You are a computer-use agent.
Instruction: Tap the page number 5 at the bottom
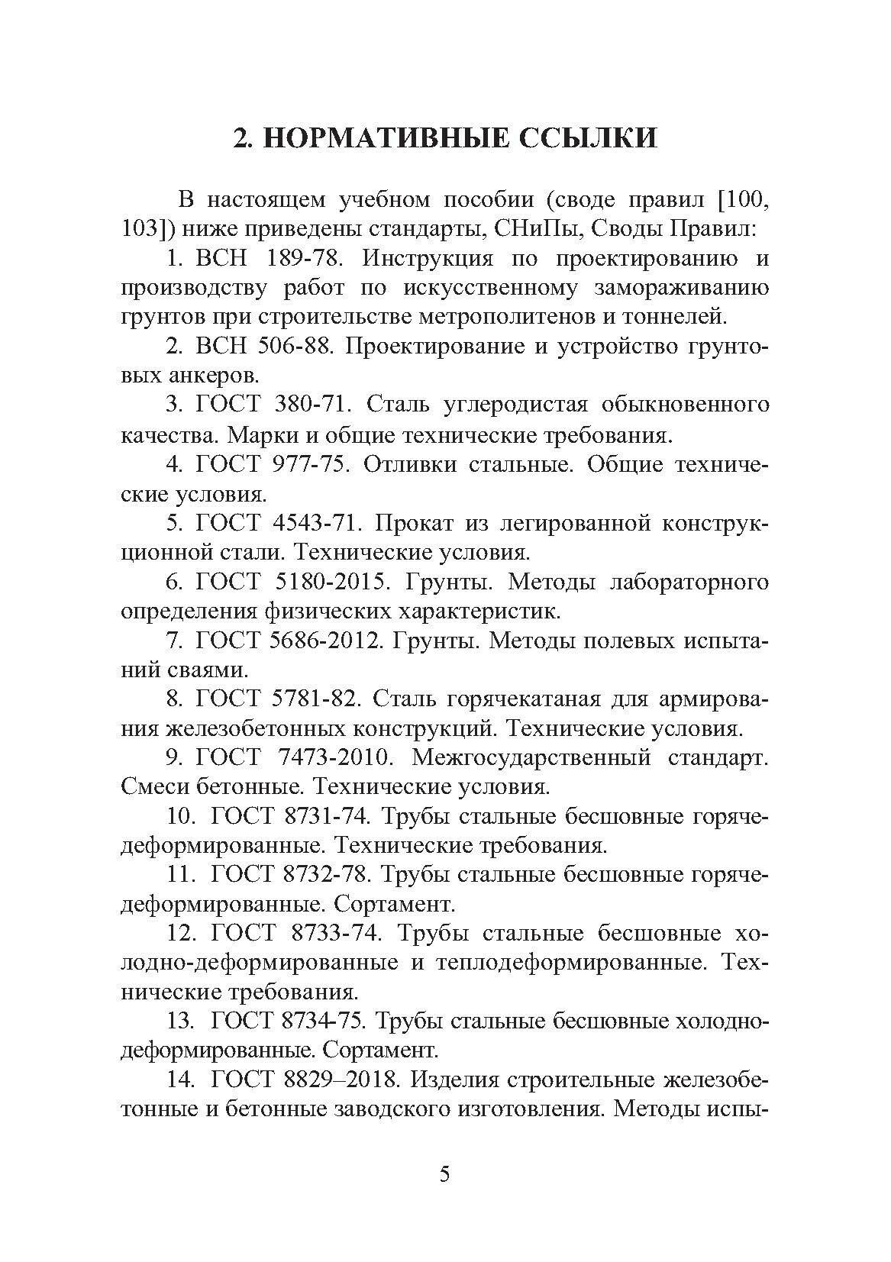point(445,1195)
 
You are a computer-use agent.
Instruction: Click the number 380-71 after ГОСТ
point(314,405)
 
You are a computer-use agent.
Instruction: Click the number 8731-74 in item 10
point(326,816)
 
